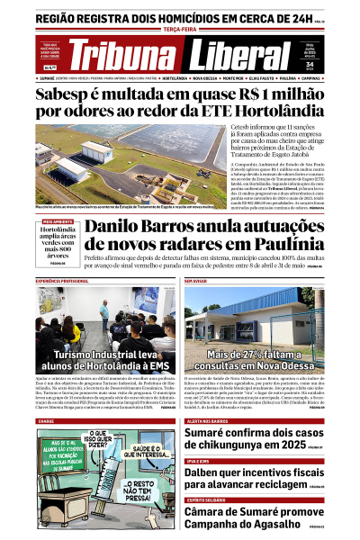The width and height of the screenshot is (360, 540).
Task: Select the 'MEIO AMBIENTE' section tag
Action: [x=58, y=220]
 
